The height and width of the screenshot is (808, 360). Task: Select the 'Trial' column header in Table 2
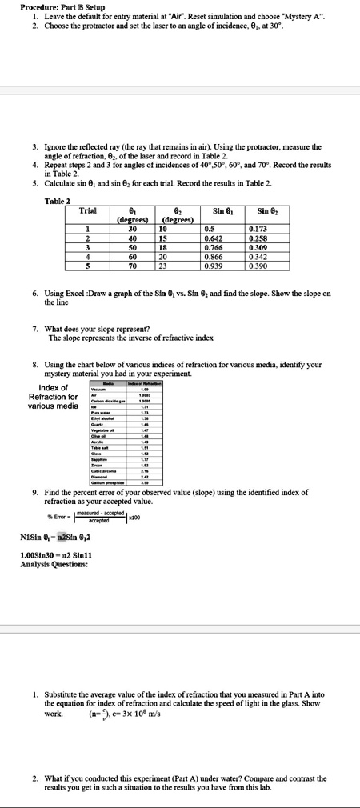(89, 210)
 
